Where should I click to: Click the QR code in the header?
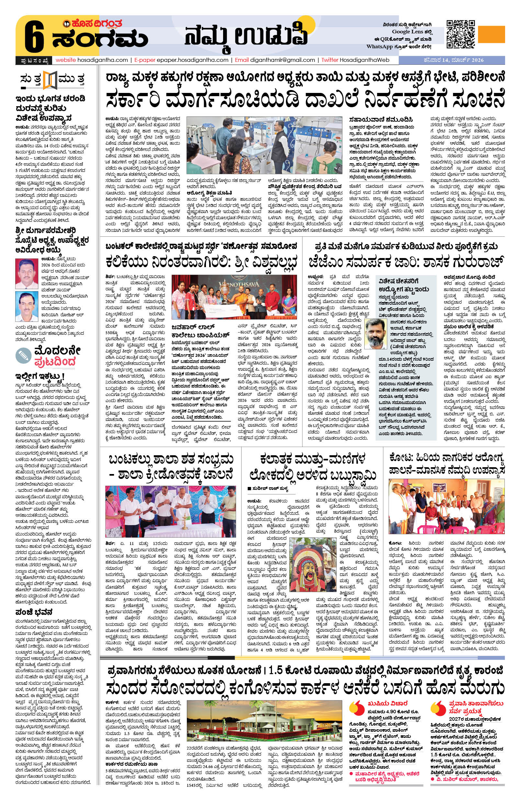pyautogui.click(x=460, y=34)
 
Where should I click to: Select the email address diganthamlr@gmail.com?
pyautogui.click(x=282, y=60)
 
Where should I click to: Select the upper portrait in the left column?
pyautogui.click(x=27, y=274)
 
